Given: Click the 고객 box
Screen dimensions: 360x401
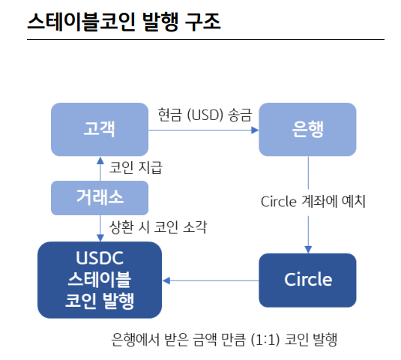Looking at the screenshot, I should pyautogui.click(x=99, y=129).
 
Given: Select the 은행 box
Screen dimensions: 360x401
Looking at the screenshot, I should pyautogui.click(x=307, y=129).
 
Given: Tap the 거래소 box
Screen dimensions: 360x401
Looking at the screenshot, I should pyautogui.click(x=99, y=198).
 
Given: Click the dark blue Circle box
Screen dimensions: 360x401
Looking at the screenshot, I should pyautogui.click(x=307, y=280).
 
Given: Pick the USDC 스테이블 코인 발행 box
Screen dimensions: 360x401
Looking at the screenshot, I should pyautogui.click(x=99, y=280).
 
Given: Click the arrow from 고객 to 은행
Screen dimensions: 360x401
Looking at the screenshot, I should pyautogui.click(x=202, y=130).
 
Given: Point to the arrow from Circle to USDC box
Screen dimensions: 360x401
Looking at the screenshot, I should pyautogui.click(x=210, y=280).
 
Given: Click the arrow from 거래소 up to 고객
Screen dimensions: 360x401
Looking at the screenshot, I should pyautogui.click(x=100, y=168).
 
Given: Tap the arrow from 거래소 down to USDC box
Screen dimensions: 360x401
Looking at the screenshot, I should pyautogui.click(x=100, y=227).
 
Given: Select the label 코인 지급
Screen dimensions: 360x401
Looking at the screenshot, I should pyautogui.click(x=136, y=167).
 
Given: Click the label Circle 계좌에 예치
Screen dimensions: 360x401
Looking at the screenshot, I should pyautogui.click(x=313, y=202).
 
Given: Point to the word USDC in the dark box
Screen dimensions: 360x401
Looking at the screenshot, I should pyautogui.click(x=99, y=259).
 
